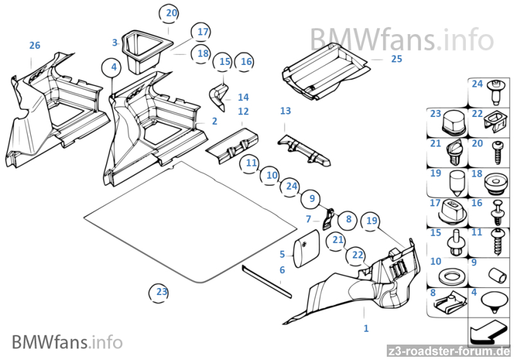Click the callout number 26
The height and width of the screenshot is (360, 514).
(35, 45)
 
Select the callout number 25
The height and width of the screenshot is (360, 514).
(396, 59)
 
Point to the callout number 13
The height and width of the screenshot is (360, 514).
(285, 111)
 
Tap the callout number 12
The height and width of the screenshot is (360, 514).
(243, 112)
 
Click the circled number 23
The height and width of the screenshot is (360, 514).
(161, 292)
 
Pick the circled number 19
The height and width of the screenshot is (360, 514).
(371, 221)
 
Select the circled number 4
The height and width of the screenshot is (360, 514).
(113, 67)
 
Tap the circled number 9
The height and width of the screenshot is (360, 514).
(312, 199)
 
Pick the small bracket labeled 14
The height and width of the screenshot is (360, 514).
(220, 93)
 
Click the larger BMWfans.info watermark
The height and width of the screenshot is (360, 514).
(402, 40)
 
